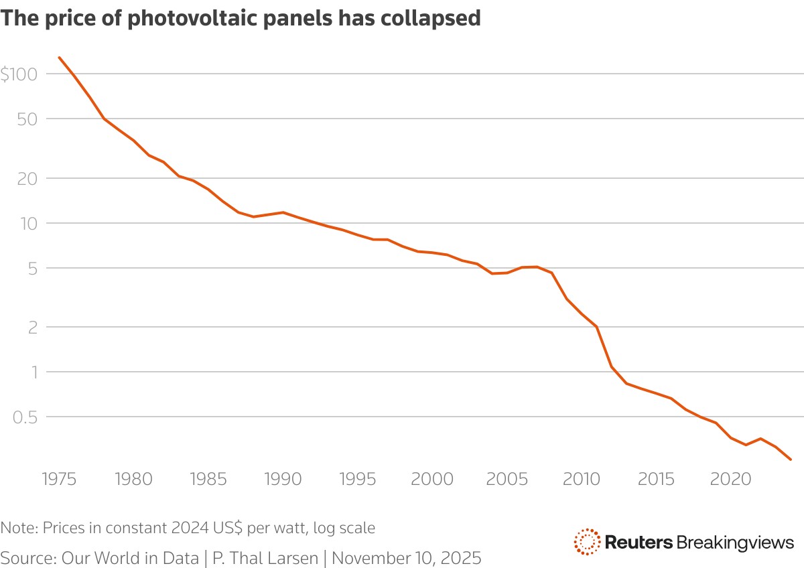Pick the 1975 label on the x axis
tap(59, 479)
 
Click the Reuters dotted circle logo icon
tap(587, 542)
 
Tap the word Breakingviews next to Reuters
tap(735, 542)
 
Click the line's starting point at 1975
tap(60, 58)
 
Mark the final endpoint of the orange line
tap(791, 459)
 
